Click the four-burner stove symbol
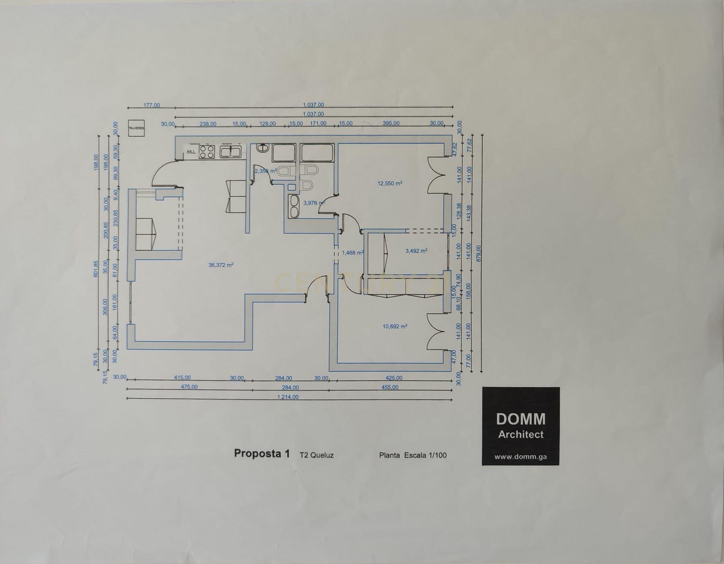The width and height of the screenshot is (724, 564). click(207, 152)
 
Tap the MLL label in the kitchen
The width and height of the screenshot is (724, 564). click(191, 152)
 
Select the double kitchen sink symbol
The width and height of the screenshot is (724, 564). click(230, 152)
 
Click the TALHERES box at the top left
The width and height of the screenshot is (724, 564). click(136, 128)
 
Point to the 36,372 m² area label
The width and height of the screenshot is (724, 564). click(221, 265)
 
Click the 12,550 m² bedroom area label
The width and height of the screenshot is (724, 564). click(390, 183)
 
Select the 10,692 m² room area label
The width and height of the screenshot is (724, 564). click(395, 327)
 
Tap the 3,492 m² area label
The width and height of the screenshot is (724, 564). click(416, 251)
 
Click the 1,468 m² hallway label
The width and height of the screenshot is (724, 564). click(353, 253)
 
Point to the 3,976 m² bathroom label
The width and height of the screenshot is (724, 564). click(314, 203)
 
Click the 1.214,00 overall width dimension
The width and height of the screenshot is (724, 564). click(288, 397)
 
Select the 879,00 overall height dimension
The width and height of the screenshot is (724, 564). click(478, 253)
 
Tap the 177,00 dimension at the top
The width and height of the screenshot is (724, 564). click(152, 105)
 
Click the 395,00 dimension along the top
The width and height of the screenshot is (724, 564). click(391, 124)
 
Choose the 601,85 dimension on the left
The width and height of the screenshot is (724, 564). click(96, 269)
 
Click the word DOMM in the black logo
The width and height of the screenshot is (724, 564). click(520, 419)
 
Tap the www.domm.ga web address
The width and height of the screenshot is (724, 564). click(520, 457)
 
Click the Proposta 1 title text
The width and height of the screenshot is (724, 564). click(262, 453)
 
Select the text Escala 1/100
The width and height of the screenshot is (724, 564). click(424, 455)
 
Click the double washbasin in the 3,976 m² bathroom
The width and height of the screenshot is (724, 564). click(293, 206)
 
